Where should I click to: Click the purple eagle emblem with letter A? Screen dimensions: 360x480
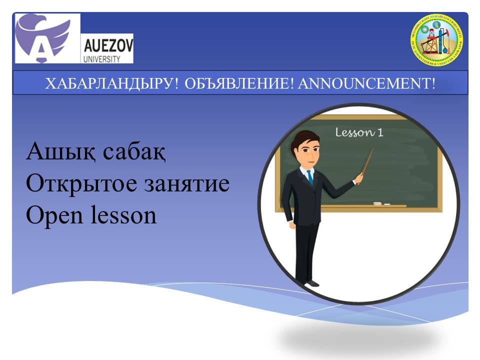click(47, 38)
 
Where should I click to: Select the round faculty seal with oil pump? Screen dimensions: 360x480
click(436, 40)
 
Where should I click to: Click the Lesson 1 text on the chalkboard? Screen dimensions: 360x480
click(358, 132)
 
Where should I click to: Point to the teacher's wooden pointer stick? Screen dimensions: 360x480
click(367, 160)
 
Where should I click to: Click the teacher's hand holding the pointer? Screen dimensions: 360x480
click(358, 178)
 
